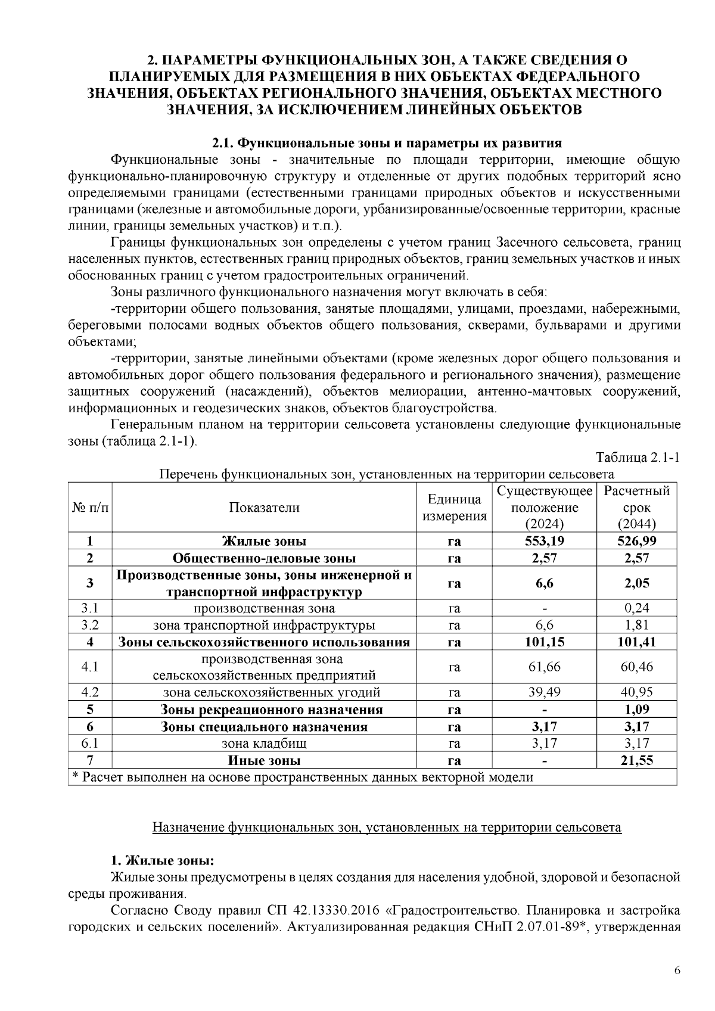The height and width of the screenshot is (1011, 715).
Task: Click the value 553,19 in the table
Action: click(x=544, y=541)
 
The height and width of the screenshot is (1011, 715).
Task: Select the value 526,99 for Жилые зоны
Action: click(x=636, y=541)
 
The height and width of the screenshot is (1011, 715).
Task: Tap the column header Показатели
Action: click(x=264, y=508)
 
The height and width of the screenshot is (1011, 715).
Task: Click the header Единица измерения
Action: click(x=454, y=508)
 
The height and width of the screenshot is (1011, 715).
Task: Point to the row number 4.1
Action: click(x=89, y=667)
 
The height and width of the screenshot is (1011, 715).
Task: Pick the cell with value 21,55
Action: click(x=636, y=760)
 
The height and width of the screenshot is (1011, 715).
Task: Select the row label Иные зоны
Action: click(x=264, y=760)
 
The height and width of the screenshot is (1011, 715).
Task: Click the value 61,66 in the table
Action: click(x=544, y=667)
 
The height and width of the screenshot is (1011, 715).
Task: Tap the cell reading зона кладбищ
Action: click(x=264, y=744)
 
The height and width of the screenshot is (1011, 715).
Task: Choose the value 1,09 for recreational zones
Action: click(x=636, y=710)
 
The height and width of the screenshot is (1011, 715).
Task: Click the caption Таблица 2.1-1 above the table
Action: click(x=638, y=458)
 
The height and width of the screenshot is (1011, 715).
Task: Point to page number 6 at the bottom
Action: click(x=677, y=971)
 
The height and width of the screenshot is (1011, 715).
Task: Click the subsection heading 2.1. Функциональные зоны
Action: click(x=387, y=143)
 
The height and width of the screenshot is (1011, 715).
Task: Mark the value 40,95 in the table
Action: click(x=636, y=692)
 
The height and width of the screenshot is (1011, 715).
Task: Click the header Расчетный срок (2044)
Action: click(x=636, y=508)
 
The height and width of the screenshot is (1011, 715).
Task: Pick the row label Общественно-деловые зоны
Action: click(x=264, y=558)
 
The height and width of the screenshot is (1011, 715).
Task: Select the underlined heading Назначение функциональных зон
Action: click(x=387, y=828)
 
